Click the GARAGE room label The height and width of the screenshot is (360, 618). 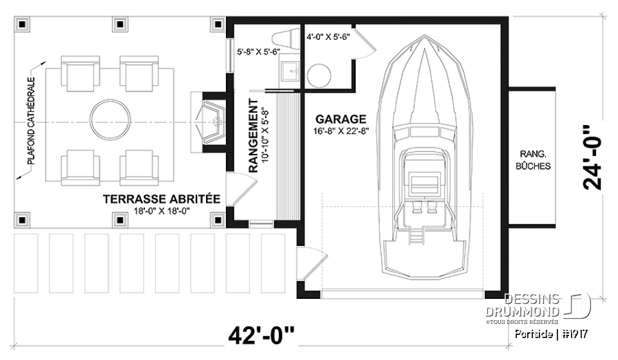pyautogui.click(x=341, y=119)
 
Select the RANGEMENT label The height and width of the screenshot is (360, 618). pyautogui.click(x=253, y=136)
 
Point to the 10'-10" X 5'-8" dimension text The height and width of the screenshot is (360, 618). pyautogui.click(x=265, y=136)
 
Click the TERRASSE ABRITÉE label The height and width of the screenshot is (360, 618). pyautogui.click(x=162, y=199)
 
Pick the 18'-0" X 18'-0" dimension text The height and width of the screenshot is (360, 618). pyautogui.click(x=162, y=211)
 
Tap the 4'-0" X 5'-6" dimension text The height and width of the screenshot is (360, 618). pyautogui.click(x=328, y=37)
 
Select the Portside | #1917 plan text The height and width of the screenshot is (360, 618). pyautogui.click(x=553, y=334)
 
